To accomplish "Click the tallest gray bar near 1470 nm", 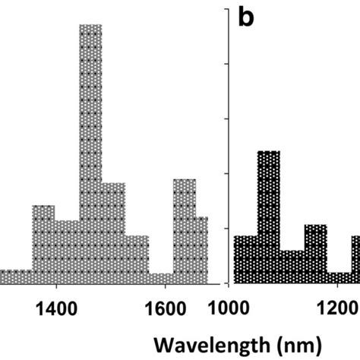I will (x=90, y=152).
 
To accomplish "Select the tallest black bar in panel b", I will (x=268, y=216).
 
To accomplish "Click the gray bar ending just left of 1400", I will (x=43, y=244).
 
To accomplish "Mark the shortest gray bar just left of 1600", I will (x=161, y=278).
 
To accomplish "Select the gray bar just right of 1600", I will (x=185, y=231).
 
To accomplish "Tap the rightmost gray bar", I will (x=202, y=250).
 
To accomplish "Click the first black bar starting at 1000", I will (x=245, y=259).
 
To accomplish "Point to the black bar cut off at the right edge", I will (x=355, y=259).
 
